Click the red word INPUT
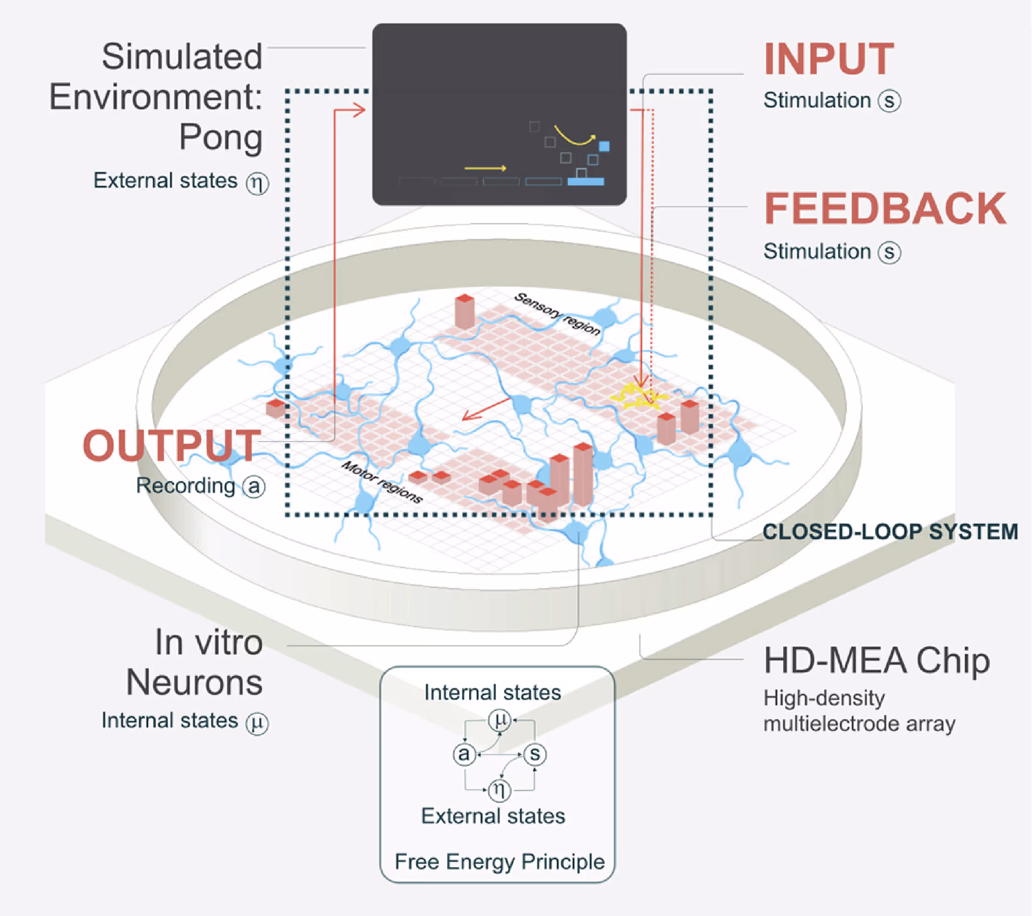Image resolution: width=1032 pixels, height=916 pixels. click(829, 60)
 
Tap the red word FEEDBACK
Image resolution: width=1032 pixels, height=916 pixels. click(885, 209)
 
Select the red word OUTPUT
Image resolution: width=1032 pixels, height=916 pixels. click(172, 446)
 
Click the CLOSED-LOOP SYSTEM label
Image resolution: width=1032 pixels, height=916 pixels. click(890, 532)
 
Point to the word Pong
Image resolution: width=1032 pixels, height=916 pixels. click(220, 137)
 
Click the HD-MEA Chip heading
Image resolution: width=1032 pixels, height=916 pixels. click(876, 661)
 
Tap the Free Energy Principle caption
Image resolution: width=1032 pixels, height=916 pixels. click(499, 861)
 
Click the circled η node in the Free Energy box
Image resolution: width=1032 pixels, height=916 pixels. click(499, 789)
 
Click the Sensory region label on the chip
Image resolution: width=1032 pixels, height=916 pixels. click(557, 314)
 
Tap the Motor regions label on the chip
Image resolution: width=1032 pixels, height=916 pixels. click(382, 482)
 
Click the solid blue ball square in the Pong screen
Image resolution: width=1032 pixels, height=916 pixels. click(604, 146)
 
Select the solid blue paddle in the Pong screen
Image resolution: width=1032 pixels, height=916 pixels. click(586, 181)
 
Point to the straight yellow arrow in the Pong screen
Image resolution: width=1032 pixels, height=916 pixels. click(485, 168)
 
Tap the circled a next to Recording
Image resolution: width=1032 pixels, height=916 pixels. click(253, 487)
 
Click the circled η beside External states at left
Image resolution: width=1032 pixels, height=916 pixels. click(257, 183)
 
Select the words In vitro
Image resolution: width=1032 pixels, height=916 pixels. click(208, 643)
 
